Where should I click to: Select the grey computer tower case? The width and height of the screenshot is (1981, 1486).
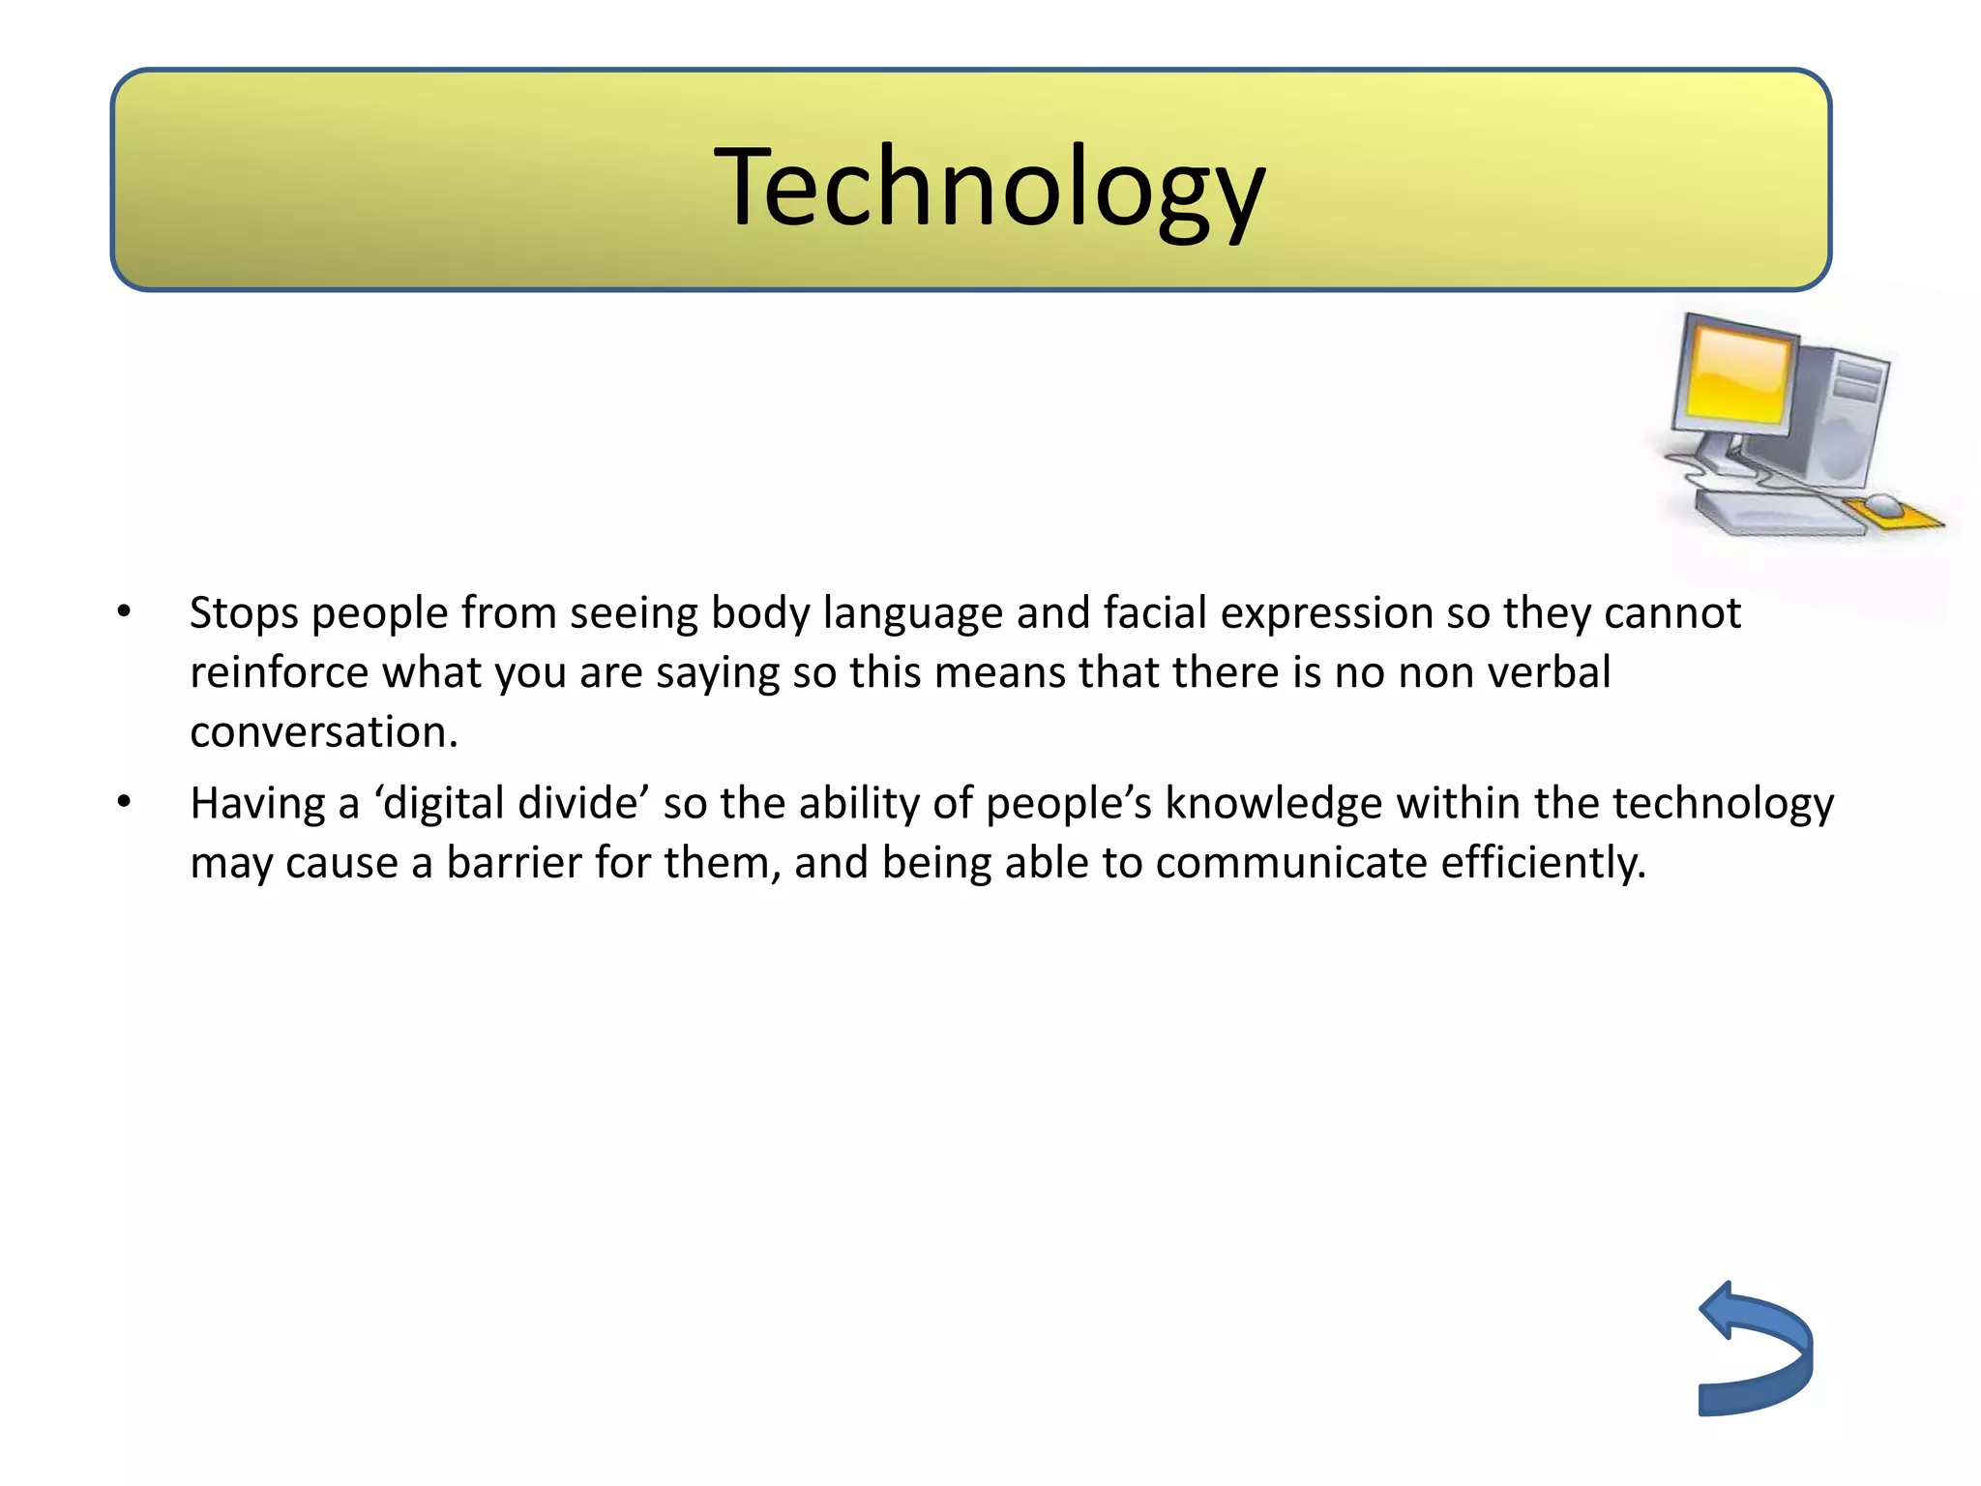point(1846,416)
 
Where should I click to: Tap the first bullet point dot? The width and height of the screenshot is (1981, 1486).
point(124,612)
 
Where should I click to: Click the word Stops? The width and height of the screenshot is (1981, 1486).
point(244,613)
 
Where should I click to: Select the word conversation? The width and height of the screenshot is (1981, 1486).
point(323,732)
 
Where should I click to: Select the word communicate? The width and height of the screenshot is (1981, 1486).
point(1290,863)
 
